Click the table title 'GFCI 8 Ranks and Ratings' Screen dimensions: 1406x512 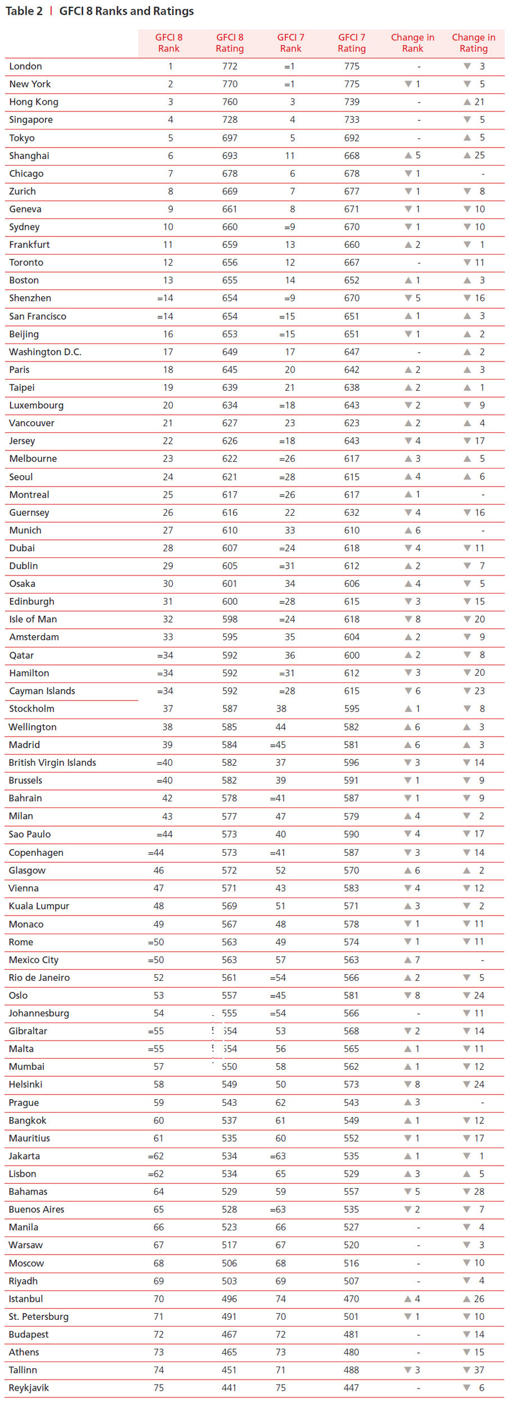126,11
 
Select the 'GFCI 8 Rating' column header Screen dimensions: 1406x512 230,43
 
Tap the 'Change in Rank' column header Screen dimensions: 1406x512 412,43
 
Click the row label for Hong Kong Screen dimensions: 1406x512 34,102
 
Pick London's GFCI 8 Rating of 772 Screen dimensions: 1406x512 230,66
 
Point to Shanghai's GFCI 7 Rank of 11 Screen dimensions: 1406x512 290,155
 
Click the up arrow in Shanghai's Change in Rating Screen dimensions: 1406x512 467,155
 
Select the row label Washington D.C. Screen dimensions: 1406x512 45,352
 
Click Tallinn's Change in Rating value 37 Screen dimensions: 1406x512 479,1370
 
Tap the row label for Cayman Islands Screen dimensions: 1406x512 42,691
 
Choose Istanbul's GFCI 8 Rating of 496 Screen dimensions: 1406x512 229,1298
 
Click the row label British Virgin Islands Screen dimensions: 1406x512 52,762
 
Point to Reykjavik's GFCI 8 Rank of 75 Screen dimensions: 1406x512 159,1388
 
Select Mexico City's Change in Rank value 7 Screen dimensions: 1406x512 417,959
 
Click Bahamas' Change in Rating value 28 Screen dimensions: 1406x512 479,1191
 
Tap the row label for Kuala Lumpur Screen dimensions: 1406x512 39,906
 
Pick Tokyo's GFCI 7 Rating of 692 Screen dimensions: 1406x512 352,138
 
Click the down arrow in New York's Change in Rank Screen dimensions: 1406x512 408,84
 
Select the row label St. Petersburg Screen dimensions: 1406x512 38,1316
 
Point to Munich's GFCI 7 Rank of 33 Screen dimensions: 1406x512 290,530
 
